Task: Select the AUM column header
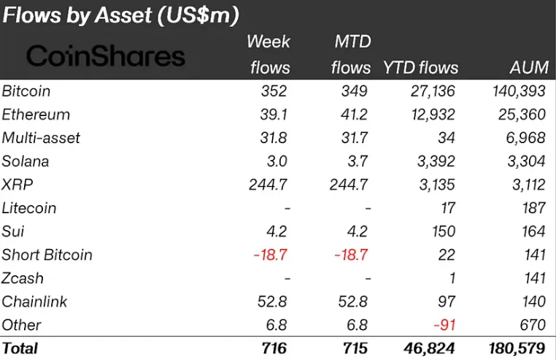(528, 68)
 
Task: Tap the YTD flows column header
(420, 68)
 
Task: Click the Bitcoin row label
(26, 91)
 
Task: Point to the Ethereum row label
(36, 115)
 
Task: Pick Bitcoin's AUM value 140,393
(519, 91)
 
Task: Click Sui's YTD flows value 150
(441, 231)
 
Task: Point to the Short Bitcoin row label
(47, 255)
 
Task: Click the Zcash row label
(23, 278)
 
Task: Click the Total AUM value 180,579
(519, 348)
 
